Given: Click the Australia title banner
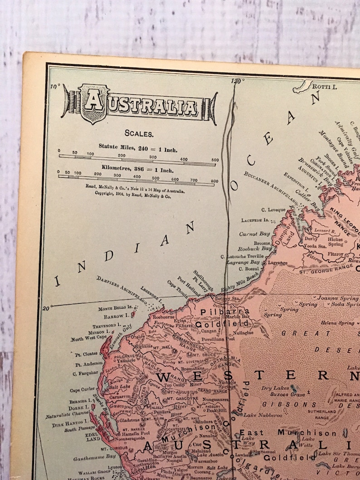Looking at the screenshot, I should point(139,105).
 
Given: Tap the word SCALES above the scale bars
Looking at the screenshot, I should point(139,134).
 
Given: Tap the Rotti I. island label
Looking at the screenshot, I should point(326,85).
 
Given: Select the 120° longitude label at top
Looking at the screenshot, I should point(237,81).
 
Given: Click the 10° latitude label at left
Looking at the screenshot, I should point(55,87).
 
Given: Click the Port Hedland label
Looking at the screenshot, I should point(188,286).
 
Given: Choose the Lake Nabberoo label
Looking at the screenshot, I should point(263,415).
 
